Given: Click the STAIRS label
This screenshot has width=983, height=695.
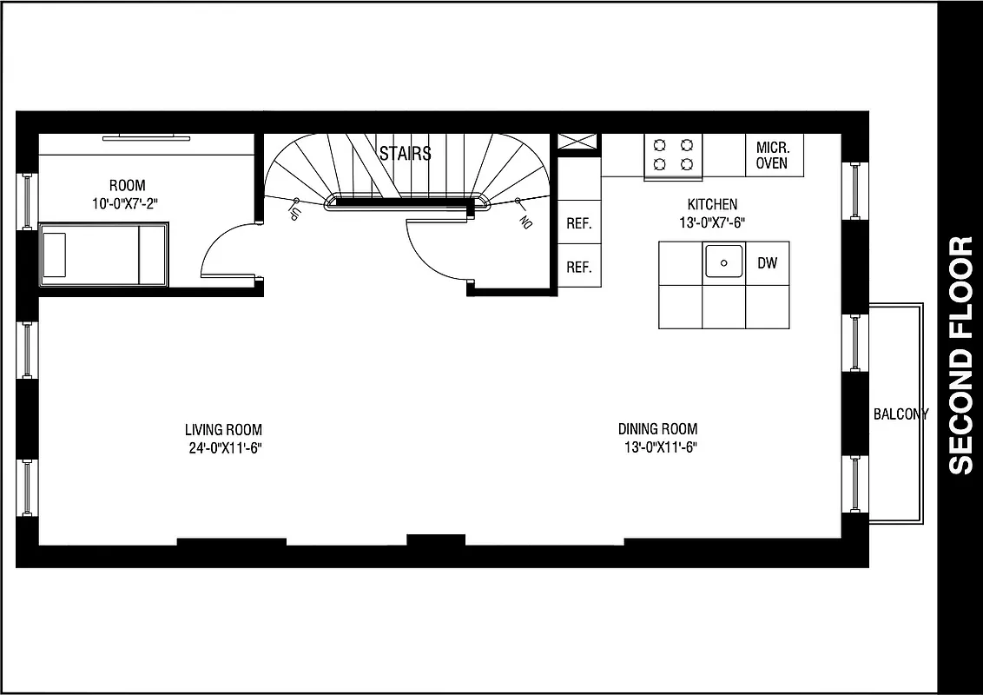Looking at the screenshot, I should click(405, 154).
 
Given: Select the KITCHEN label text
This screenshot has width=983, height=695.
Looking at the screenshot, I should click(712, 204).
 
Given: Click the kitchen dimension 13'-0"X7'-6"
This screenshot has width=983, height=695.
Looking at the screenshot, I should click(712, 222).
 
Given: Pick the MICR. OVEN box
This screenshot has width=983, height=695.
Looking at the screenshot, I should click(773, 156).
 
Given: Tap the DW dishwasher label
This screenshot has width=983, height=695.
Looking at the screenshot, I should click(768, 262).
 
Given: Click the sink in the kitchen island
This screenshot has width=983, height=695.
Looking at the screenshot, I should click(723, 261).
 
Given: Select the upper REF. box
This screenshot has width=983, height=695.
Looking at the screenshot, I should click(579, 223).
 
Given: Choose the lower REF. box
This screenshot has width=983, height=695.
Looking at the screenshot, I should click(579, 268).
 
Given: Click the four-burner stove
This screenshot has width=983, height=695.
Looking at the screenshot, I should click(674, 155).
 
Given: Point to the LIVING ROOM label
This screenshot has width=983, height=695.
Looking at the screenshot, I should click(223, 429).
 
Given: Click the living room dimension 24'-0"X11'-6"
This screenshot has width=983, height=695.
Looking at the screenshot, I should click(223, 447).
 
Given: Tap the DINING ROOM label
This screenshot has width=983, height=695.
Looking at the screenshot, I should click(657, 429).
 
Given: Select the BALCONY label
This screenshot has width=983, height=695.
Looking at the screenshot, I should click(900, 414).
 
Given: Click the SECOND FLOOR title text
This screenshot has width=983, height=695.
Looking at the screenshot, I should click(960, 356).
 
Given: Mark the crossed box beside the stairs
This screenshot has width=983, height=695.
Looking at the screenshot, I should click(578, 142).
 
